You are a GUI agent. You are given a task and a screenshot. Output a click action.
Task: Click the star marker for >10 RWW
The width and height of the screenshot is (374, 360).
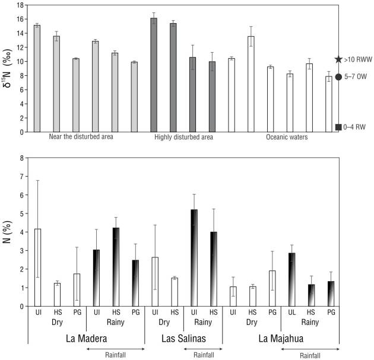(338, 60)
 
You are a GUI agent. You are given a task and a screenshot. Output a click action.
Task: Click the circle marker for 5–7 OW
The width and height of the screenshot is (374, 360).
(338, 77)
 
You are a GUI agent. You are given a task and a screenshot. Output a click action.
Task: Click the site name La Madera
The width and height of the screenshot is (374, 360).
(86, 339)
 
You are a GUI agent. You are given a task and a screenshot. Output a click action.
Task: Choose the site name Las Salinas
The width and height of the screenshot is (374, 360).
(183, 339)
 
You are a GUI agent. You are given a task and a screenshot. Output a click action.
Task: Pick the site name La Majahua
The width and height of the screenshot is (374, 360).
(281, 339)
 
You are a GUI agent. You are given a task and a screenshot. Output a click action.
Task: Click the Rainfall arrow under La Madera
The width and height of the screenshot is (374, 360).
(116, 349)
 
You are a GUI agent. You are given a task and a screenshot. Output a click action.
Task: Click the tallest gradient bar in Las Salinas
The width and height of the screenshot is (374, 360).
(194, 258)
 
